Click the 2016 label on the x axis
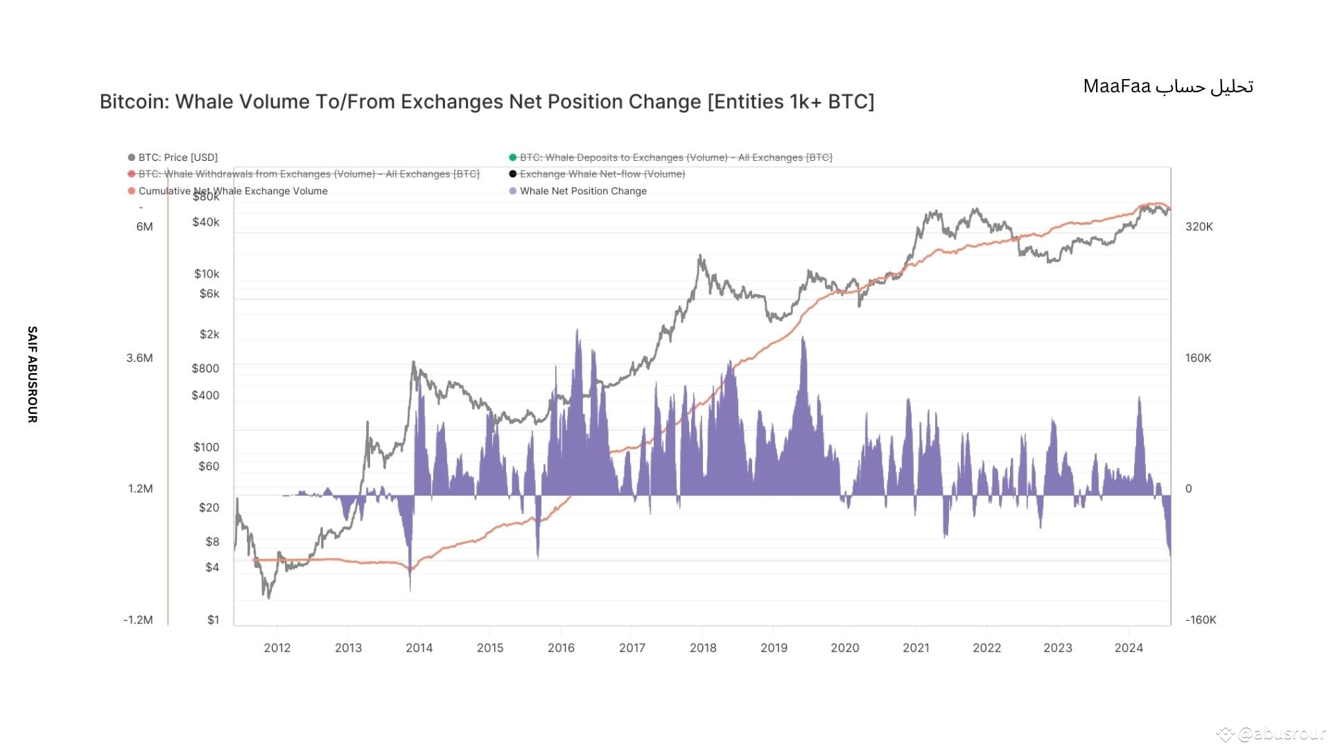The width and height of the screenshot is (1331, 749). [561, 648]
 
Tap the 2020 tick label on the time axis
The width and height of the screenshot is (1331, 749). [844, 648]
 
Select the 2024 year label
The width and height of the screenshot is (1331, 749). [1128, 648]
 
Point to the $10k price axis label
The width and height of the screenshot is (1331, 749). [207, 274]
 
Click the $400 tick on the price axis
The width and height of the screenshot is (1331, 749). [205, 395]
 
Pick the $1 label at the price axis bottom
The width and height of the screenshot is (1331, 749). [213, 620]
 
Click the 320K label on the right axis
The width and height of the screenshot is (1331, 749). [1199, 227]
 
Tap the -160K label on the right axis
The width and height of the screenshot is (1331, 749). [1201, 620]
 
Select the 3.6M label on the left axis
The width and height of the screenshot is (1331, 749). [139, 358]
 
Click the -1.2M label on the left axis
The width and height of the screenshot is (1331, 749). [138, 620]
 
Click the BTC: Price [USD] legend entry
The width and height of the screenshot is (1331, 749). [177, 157]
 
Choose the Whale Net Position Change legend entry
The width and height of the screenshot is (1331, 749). [583, 191]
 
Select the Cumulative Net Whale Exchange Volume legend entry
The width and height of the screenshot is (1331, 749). [233, 191]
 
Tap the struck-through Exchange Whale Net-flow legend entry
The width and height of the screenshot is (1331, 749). [602, 174]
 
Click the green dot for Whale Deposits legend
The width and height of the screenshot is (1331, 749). [513, 157]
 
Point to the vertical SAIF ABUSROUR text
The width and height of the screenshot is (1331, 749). [32, 374]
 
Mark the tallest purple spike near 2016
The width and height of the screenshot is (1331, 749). [577, 333]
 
